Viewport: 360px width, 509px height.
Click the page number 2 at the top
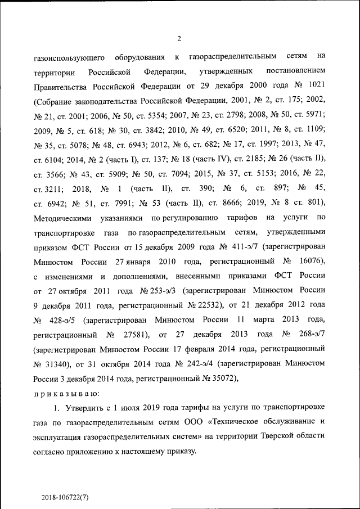point(179,38)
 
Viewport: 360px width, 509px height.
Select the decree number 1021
point(315,86)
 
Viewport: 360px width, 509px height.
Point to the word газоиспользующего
point(67,57)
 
